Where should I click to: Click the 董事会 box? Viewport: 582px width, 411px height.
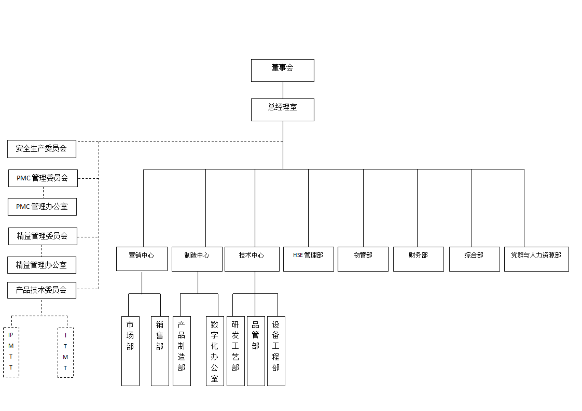(x=282, y=70)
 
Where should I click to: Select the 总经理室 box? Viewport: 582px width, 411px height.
(x=282, y=110)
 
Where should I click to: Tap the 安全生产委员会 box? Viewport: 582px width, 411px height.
(x=42, y=149)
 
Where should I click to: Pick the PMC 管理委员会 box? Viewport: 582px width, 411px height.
(x=43, y=178)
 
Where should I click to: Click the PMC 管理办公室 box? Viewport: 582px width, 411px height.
(x=42, y=207)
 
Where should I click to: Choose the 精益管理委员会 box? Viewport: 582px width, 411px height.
(x=43, y=236)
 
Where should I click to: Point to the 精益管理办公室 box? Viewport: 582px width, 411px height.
(x=42, y=265)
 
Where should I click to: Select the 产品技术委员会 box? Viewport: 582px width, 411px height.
(x=42, y=290)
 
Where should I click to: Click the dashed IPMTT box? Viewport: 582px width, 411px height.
(x=11, y=352)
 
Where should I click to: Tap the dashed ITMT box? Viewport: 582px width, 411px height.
(x=65, y=353)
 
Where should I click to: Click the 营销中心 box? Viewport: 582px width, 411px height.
(x=142, y=259)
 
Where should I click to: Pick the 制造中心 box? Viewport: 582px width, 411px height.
(x=197, y=259)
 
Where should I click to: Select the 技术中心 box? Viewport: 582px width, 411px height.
(x=252, y=259)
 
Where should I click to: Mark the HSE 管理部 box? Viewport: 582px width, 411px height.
(x=309, y=259)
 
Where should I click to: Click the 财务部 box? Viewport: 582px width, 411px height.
(x=418, y=259)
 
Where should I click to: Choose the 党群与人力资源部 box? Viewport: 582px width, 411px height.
(x=537, y=259)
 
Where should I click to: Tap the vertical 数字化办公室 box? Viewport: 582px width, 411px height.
(x=215, y=351)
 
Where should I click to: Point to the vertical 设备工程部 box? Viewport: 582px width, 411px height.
(x=276, y=351)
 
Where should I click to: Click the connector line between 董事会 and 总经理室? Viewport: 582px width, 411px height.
(x=283, y=90)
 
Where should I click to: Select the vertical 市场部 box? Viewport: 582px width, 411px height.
(x=130, y=351)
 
